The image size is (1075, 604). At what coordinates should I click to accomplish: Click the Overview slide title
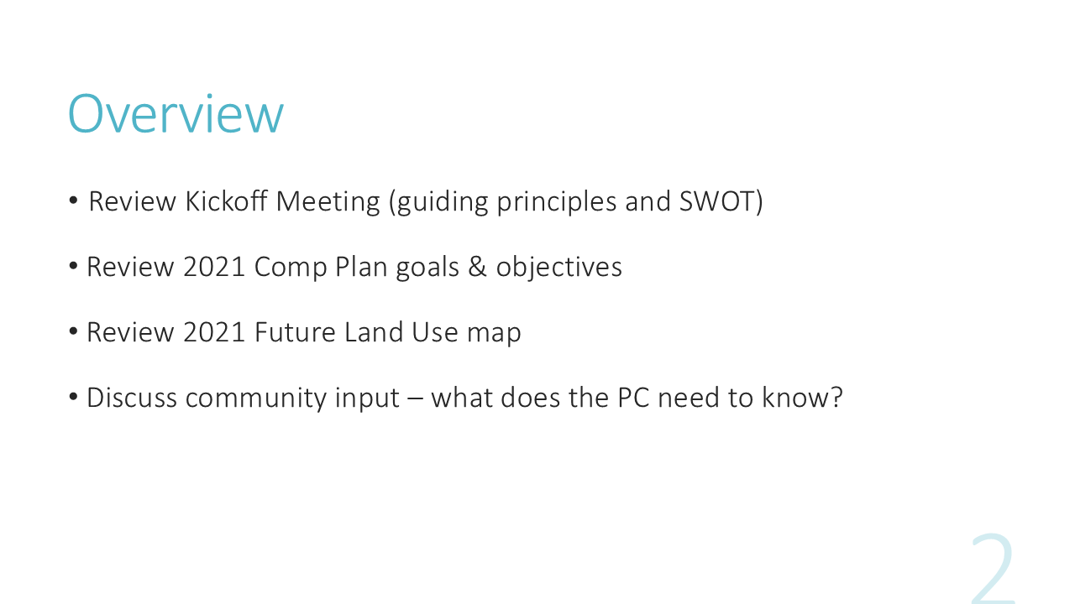(x=176, y=113)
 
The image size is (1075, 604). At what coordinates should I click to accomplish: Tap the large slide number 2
(x=993, y=569)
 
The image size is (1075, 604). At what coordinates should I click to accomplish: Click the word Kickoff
(x=226, y=200)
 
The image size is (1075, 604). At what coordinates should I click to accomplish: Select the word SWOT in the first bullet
(x=717, y=201)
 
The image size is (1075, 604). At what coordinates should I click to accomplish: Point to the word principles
(x=557, y=202)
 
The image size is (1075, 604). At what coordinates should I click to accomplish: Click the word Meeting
(x=328, y=202)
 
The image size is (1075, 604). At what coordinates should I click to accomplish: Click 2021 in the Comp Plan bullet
(x=214, y=267)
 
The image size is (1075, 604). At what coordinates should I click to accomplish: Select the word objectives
(x=559, y=268)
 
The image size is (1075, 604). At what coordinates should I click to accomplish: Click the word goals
(x=427, y=268)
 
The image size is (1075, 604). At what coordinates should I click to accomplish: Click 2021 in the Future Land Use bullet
(x=214, y=332)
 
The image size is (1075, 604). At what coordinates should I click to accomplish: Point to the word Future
(x=295, y=332)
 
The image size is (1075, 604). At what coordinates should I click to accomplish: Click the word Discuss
(x=132, y=398)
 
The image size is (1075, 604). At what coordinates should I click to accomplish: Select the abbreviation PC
(x=633, y=398)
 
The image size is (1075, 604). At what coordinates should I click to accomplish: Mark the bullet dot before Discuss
(x=73, y=397)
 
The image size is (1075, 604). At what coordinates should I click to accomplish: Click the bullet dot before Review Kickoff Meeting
(x=73, y=200)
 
